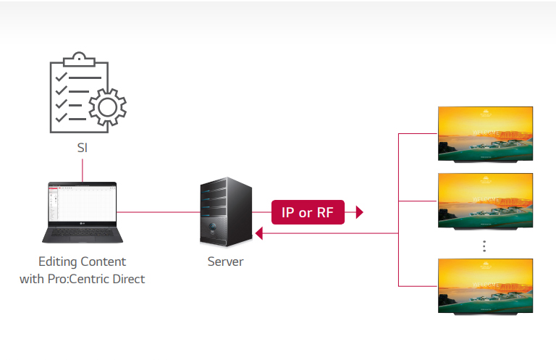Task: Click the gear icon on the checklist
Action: click(x=107, y=107)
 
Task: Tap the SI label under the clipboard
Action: click(x=82, y=148)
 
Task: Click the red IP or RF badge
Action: click(x=307, y=212)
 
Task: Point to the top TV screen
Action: click(x=485, y=134)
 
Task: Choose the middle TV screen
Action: click(x=485, y=201)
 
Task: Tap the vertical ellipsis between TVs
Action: click(x=484, y=246)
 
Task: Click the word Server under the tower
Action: click(x=224, y=261)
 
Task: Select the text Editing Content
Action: click(x=82, y=261)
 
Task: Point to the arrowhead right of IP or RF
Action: click(x=359, y=212)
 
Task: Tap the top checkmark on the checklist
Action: click(x=62, y=77)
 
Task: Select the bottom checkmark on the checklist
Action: click(x=62, y=117)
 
